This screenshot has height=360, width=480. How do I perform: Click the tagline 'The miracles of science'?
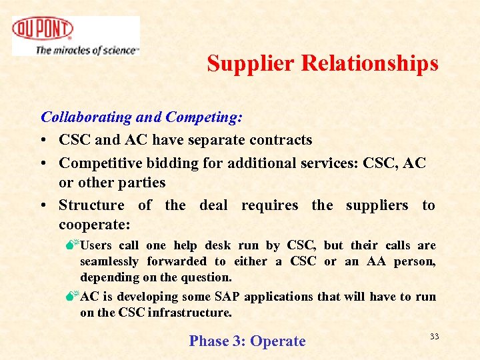coord(87,50)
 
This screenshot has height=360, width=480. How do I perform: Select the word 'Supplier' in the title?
coord(251,63)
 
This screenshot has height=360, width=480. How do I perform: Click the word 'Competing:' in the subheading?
coord(204,117)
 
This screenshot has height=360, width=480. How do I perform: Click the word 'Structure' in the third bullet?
coord(91,205)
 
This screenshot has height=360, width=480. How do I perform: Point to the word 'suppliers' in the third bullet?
coord(377,205)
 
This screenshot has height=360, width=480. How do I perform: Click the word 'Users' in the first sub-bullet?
coord(96,245)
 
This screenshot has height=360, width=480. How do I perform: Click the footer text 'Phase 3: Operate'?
coord(247,341)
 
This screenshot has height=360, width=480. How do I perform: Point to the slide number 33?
coord(434,337)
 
